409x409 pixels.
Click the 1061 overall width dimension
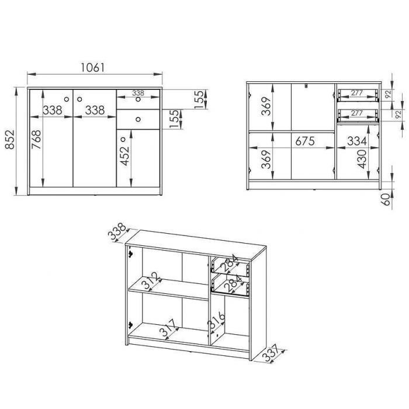tap(92, 68)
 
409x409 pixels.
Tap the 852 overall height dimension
tap(10, 140)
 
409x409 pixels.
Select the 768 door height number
tap(36, 140)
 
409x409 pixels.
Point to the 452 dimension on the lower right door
tap(124, 156)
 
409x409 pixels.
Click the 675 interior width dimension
tap(305, 141)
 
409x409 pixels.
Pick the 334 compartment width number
tap(357, 141)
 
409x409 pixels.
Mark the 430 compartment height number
tap(362, 159)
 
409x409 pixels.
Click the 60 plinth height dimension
tap(387, 199)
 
